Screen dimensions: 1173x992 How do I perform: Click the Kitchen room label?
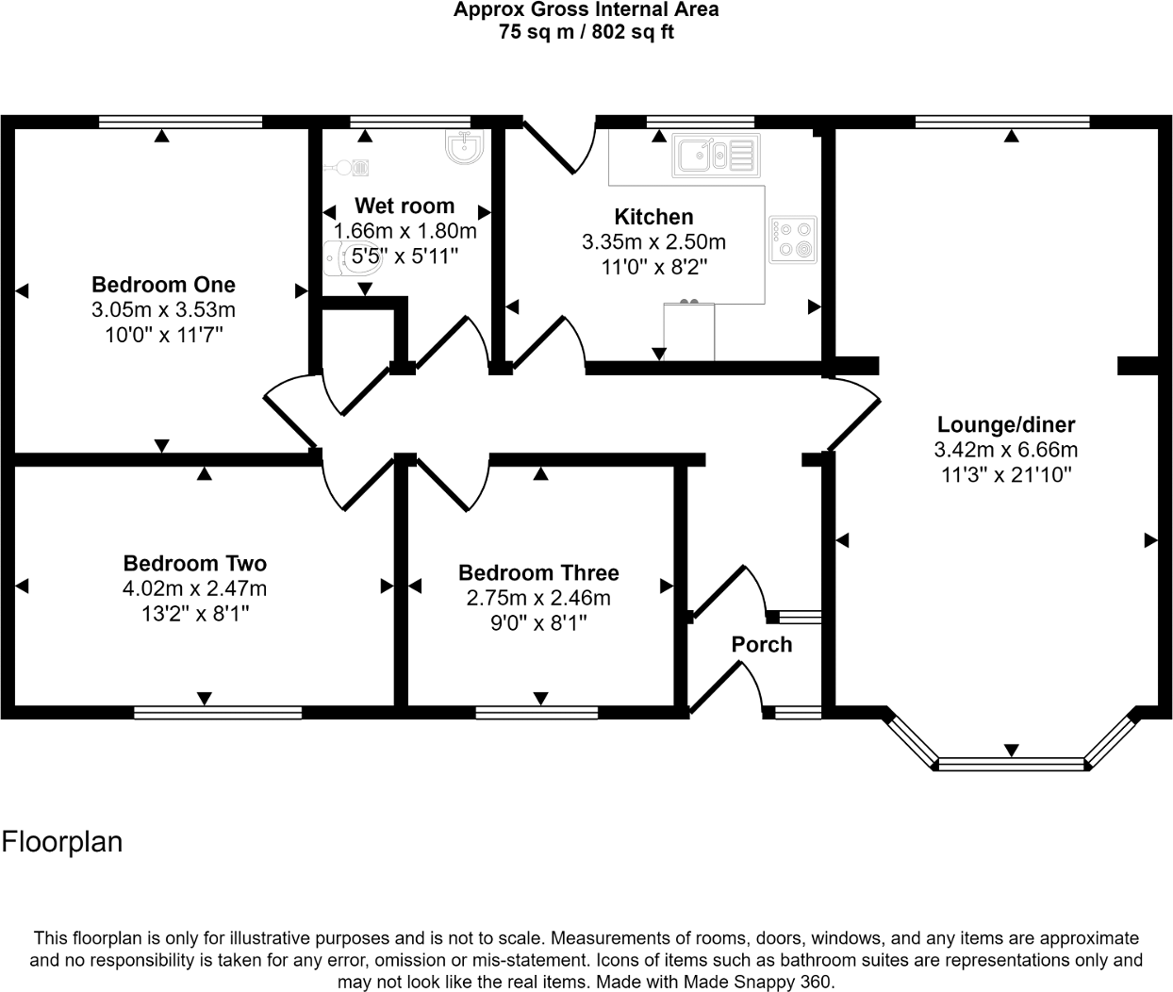coord(653,217)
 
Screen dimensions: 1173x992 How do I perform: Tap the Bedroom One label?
coord(163,285)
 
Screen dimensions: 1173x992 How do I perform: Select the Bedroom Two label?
coord(195,564)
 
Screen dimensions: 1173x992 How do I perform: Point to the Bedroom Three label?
coord(538,573)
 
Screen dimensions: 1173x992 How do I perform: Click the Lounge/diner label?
coord(1006,425)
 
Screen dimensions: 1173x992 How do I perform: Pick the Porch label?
coord(762,645)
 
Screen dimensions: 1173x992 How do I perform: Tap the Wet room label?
coord(405,207)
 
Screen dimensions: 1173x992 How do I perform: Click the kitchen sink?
coord(715,156)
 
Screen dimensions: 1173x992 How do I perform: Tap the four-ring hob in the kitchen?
coord(793,239)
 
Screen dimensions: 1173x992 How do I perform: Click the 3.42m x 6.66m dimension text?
coord(1006,450)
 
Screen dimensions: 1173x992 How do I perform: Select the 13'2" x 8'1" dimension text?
coord(195,613)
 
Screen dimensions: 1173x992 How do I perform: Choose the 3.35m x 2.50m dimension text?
coord(653,242)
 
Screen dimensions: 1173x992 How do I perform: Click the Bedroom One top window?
coord(180,121)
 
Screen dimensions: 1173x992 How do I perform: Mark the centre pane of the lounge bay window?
coord(1010,763)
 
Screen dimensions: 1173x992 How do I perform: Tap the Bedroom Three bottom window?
coord(537,712)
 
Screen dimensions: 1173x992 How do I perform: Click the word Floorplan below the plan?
coord(62,841)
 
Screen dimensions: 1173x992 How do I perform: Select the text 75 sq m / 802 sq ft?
coord(586,32)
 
